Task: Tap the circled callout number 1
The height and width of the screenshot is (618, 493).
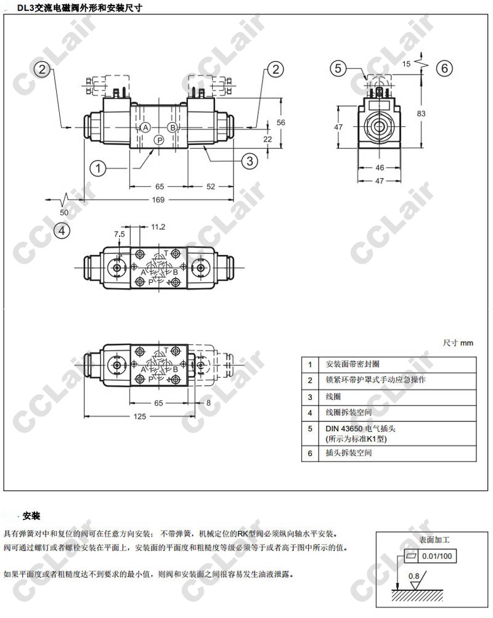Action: (97, 166)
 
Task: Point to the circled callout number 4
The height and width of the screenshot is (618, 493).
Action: (61, 231)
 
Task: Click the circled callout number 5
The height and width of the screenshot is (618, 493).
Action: (338, 68)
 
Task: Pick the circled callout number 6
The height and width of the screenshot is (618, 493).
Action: (445, 68)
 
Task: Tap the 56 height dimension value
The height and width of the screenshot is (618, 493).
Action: (281, 123)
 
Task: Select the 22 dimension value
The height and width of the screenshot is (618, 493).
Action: (268, 139)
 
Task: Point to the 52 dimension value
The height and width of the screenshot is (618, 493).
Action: (211, 187)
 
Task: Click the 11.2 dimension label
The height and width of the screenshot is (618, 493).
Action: (158, 227)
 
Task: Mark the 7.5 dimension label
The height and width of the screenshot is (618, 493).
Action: (119, 234)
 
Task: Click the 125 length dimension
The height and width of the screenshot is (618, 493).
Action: (140, 417)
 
